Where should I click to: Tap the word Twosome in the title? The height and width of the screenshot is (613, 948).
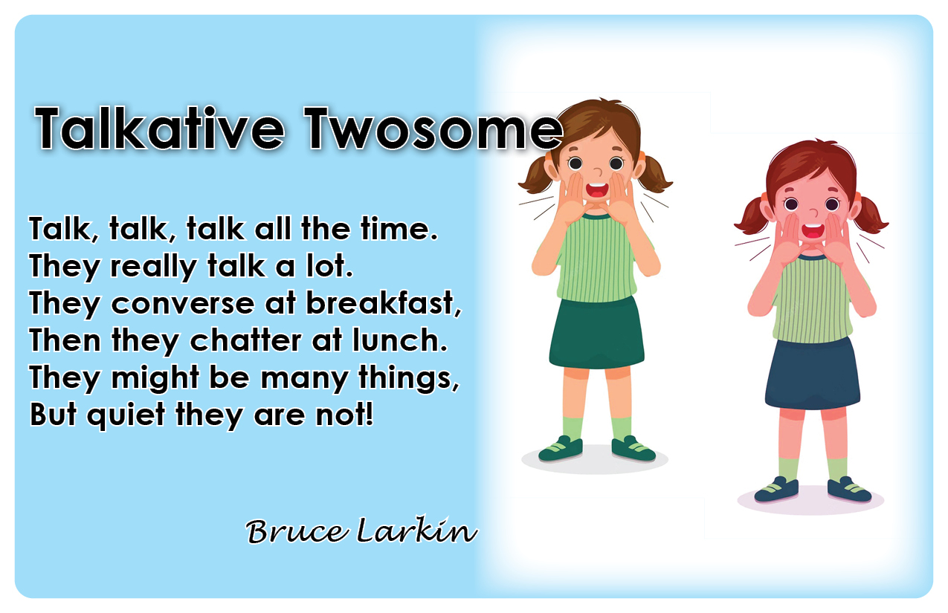[x=433, y=129]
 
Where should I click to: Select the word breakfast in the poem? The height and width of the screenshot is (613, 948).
[x=384, y=303]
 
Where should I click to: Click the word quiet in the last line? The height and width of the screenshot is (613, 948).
[x=126, y=415]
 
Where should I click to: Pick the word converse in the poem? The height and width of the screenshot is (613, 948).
[x=182, y=304]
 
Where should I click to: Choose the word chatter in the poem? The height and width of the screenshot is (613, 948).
[x=245, y=340]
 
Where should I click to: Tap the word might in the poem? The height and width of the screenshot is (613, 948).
[x=155, y=377]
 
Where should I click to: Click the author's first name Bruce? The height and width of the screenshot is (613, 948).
[x=297, y=531]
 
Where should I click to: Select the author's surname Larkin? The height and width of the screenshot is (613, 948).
[x=417, y=530]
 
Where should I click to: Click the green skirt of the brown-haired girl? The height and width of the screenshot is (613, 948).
[x=596, y=333]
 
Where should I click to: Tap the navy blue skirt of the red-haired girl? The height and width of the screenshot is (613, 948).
[x=812, y=374]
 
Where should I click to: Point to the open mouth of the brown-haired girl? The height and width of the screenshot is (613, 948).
[x=597, y=189]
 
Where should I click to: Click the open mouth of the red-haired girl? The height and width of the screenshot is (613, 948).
[x=813, y=230]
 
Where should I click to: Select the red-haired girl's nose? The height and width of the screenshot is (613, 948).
[x=814, y=212]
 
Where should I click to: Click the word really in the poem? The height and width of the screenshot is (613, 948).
[x=153, y=267]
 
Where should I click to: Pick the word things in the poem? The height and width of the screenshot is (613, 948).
[x=408, y=377]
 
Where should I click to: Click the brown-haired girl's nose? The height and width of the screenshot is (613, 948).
[x=598, y=172]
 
